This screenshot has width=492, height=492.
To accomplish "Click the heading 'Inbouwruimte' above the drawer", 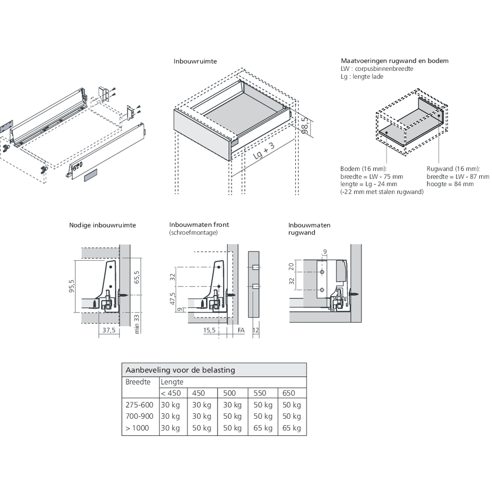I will [195, 62].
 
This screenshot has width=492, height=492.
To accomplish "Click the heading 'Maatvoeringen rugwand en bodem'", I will [394, 61].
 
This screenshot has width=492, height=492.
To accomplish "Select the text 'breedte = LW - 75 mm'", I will [371, 177].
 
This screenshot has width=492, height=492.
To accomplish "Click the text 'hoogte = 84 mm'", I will [450, 184].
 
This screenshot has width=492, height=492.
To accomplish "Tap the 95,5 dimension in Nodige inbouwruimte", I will [72, 286].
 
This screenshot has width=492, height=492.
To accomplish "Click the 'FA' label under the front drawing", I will [241, 331].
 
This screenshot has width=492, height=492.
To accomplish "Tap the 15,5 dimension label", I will [210, 331].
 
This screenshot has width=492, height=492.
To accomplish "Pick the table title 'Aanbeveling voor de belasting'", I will [180, 370].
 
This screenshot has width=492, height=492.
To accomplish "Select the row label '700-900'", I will [139, 416].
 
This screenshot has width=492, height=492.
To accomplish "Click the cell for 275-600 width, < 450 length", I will [170, 405].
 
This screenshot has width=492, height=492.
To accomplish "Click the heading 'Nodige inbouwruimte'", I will [102, 225].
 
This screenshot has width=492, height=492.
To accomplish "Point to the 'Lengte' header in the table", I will [172, 382].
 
